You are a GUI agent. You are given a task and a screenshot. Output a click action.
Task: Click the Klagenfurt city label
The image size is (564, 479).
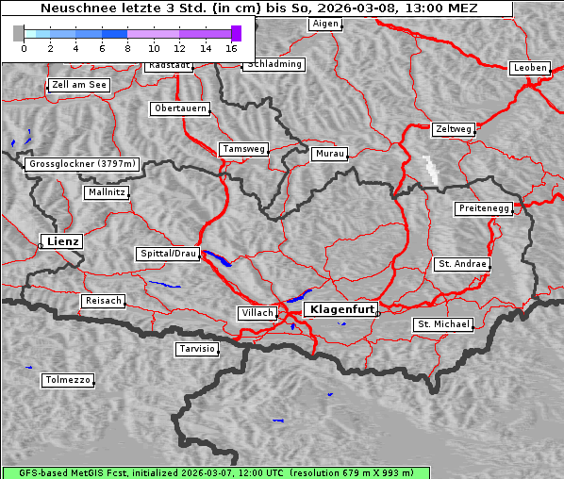click(342, 308)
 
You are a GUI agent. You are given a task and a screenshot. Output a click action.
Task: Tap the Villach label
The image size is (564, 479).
click(257, 313)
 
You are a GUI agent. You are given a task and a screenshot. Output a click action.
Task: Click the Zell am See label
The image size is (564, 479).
click(79, 85)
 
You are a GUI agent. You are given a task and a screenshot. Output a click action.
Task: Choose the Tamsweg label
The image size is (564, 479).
click(244, 149)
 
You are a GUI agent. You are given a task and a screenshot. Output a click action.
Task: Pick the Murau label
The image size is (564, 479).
click(330, 153)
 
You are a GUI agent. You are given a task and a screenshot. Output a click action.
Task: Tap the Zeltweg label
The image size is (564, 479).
click(453, 128)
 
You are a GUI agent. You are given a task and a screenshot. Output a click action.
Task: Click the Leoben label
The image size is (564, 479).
click(529, 68)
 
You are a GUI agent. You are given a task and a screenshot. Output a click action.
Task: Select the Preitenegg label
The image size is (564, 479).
click(484, 208)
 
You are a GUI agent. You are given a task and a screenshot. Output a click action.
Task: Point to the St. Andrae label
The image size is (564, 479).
click(461, 264)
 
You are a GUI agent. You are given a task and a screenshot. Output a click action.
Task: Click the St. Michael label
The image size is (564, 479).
click(443, 324)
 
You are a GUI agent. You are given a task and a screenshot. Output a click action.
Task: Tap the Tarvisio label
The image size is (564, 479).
click(197, 349)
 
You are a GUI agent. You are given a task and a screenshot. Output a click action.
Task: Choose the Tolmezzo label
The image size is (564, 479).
click(68, 381)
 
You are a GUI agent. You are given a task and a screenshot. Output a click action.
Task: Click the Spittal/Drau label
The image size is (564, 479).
click(169, 254)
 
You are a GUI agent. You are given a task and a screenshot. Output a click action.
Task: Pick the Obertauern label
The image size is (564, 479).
click(180, 108)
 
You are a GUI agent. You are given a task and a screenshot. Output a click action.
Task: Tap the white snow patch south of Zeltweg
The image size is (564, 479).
click(431, 169)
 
